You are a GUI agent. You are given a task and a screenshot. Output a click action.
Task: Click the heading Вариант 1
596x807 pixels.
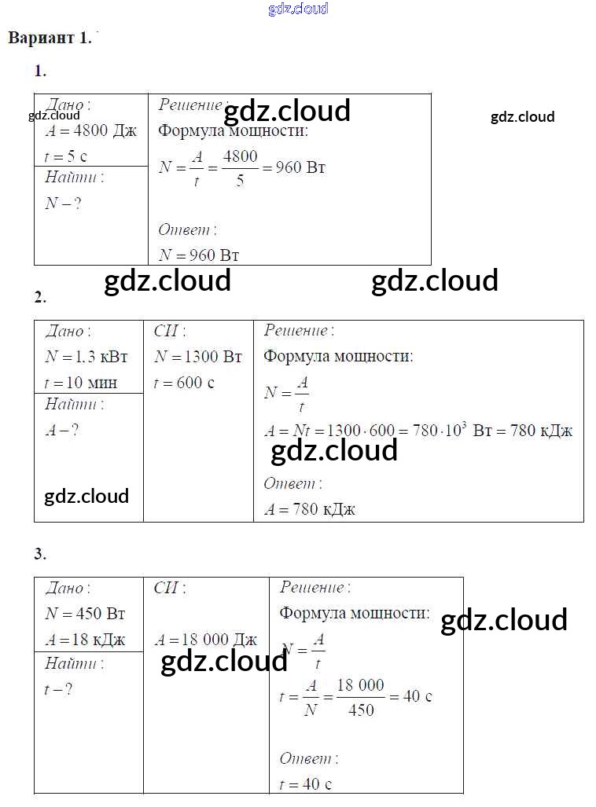pyautogui.click(x=50, y=38)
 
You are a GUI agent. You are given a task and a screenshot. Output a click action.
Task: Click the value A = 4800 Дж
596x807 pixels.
pyautogui.click(x=90, y=131)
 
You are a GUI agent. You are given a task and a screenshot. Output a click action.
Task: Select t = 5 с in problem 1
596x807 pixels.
pyautogui.click(x=66, y=156)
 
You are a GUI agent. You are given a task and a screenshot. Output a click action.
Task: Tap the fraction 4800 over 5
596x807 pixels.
pyautogui.click(x=240, y=167)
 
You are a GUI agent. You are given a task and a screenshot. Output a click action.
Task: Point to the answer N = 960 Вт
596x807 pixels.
pyautogui.click(x=199, y=255)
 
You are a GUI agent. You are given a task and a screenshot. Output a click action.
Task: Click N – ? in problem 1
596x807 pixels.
pyautogui.click(x=64, y=204)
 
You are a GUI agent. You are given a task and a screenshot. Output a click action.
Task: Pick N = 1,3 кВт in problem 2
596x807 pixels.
pyautogui.click(x=86, y=357)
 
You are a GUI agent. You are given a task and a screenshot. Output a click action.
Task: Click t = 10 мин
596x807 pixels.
pyautogui.click(x=81, y=383)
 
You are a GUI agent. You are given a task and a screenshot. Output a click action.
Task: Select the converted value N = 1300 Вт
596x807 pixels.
pyautogui.click(x=198, y=357)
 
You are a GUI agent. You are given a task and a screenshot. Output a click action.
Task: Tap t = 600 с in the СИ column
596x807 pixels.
pyautogui.click(x=184, y=383)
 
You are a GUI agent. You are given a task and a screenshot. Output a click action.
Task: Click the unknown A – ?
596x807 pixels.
pyautogui.click(x=62, y=430)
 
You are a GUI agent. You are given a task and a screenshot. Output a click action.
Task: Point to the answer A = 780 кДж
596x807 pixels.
pyautogui.click(x=310, y=509)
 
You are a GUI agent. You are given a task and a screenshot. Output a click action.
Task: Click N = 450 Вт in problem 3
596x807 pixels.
pyautogui.click(x=85, y=614)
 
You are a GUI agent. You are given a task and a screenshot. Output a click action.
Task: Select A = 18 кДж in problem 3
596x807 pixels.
pyautogui.click(x=85, y=640)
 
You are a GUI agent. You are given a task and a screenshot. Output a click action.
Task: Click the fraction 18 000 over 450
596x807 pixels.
pyautogui.click(x=360, y=697)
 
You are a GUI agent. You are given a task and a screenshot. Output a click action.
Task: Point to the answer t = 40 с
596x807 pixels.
pyautogui.click(x=305, y=783)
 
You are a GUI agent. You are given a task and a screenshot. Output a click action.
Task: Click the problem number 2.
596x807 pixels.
pyautogui.click(x=40, y=297)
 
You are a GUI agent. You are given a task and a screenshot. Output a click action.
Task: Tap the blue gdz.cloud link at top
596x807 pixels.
pyautogui.click(x=298, y=9)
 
